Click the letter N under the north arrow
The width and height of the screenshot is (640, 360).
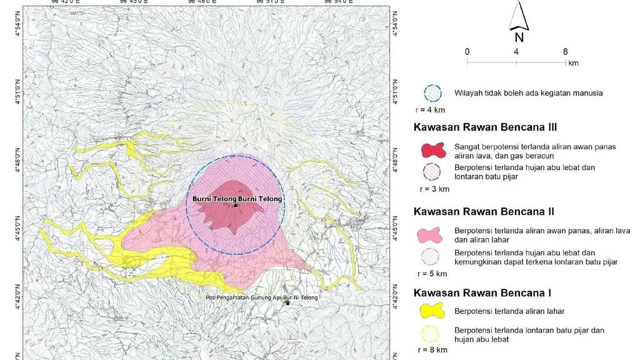(519, 37)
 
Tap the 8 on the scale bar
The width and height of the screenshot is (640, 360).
(565, 52)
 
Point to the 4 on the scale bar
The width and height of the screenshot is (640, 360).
(516, 52)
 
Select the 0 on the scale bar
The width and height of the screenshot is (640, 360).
(467, 52)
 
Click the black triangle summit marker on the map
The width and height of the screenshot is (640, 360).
(236, 205)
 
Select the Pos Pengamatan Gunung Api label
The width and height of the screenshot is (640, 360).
(261, 297)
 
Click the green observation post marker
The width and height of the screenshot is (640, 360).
(287, 302)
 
